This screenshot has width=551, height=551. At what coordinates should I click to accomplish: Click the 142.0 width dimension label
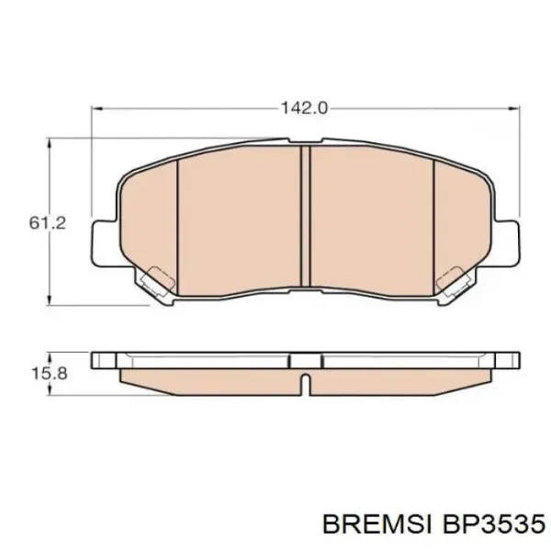click(303, 107)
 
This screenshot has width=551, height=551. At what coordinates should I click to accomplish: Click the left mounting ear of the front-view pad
click(104, 242)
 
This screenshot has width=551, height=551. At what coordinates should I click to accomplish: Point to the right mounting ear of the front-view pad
click(508, 242)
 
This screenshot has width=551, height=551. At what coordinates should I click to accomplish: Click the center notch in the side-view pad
click(306, 377)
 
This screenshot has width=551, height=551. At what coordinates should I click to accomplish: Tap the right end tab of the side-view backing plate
click(508, 356)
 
